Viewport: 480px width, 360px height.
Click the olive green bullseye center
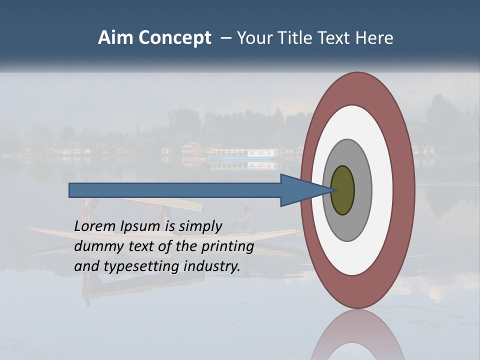pos(343,190)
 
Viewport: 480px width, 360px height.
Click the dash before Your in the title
pos(225,38)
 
